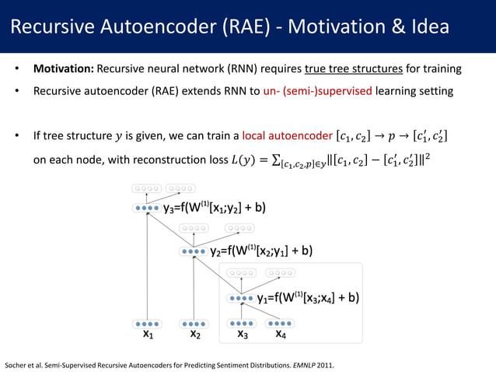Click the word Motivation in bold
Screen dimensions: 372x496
(62, 68)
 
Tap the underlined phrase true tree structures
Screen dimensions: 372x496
(355, 68)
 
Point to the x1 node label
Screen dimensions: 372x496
(148, 335)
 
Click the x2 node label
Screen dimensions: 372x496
(195, 335)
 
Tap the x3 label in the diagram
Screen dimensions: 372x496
(242, 335)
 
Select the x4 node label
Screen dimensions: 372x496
(281, 335)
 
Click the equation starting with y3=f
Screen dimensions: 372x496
(214, 208)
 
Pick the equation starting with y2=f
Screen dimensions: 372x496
(261, 251)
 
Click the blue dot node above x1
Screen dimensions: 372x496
(146, 324)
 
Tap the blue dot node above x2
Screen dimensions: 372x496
(194, 324)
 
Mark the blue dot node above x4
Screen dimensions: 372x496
(281, 323)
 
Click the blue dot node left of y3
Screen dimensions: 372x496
(146, 209)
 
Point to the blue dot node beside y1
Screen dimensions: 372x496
(242, 297)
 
